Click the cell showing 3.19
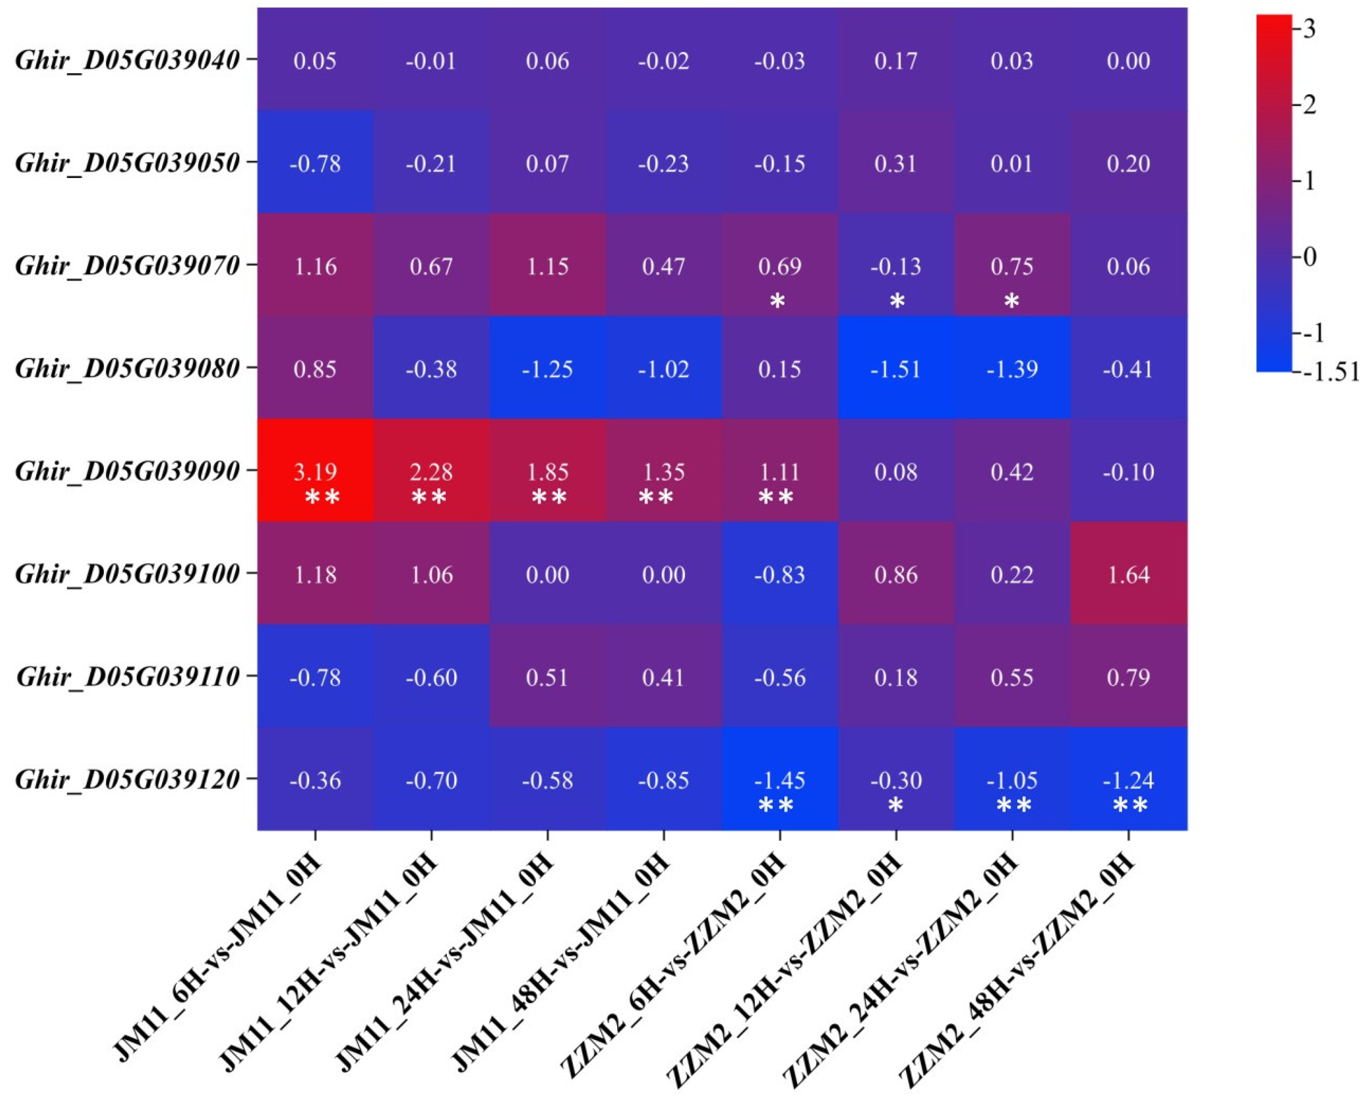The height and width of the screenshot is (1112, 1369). pyautogui.click(x=315, y=472)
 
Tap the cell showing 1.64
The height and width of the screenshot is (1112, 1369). pyautogui.click(x=1128, y=574)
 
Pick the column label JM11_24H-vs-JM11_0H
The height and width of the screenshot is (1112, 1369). pyautogui.click(x=445, y=961)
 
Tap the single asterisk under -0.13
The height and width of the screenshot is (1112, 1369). pyautogui.click(x=897, y=300)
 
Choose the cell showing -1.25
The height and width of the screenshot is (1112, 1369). pyautogui.click(x=547, y=369)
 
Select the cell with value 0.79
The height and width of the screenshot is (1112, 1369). pyautogui.click(x=1128, y=677)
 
